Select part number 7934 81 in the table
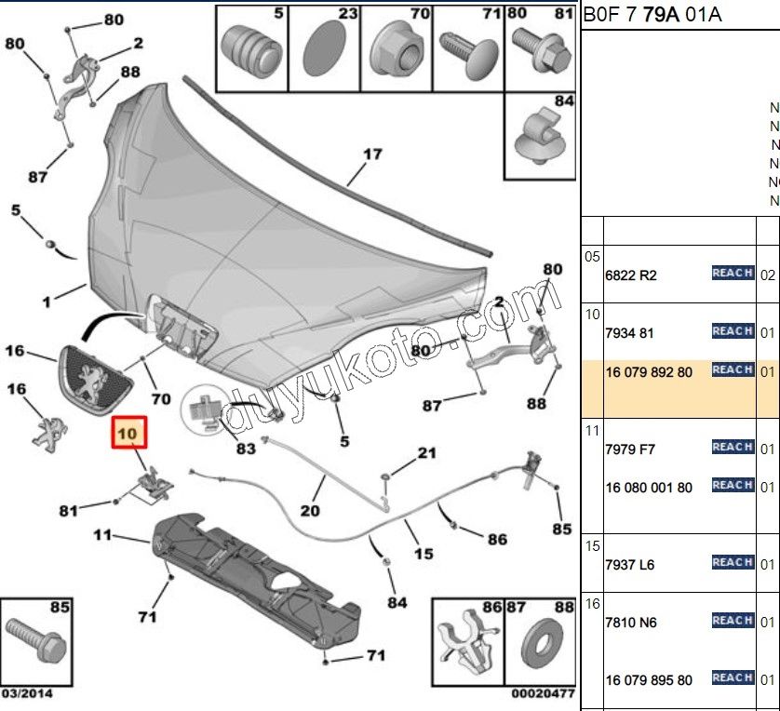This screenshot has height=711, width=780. pyautogui.click(x=629, y=332)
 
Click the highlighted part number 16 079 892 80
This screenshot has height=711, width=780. pyautogui.click(x=649, y=371)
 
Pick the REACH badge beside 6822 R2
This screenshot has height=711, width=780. pyautogui.click(x=733, y=273)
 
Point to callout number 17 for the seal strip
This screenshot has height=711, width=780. pyautogui.click(x=372, y=154)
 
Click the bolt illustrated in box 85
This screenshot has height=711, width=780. pyautogui.click(x=34, y=641)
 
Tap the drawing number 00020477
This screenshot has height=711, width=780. pyautogui.click(x=543, y=693)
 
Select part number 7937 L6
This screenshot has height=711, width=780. pyautogui.click(x=630, y=564)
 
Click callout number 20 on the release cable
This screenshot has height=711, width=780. pyautogui.click(x=310, y=510)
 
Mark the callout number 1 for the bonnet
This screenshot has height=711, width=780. pyautogui.click(x=46, y=301)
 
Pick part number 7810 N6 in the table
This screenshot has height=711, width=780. pyautogui.click(x=631, y=622)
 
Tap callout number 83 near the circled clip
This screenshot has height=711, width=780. pyautogui.click(x=246, y=449)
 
